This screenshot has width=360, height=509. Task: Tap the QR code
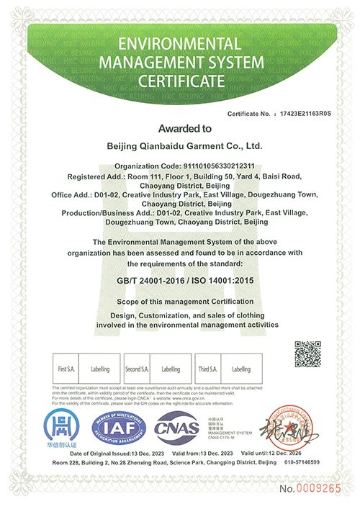click(x=307, y=354)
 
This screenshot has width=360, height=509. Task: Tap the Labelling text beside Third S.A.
click(x=240, y=369)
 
